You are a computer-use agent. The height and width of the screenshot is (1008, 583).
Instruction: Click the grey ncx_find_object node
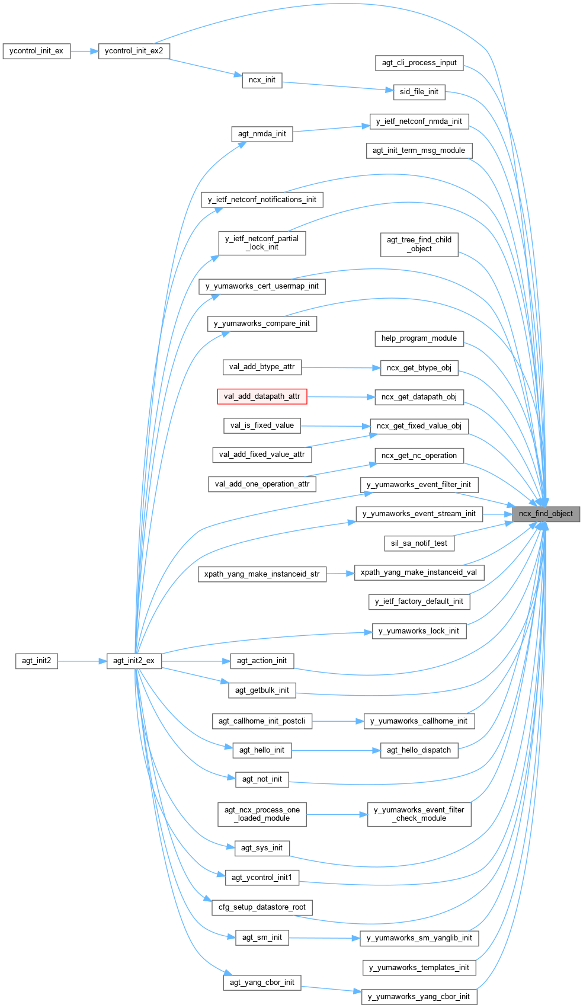click(546, 514)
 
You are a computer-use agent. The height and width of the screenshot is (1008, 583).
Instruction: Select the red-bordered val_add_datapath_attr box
click(262, 396)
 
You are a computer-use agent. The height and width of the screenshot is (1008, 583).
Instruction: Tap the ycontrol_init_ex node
click(36, 51)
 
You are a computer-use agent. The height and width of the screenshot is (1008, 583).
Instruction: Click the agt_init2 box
click(37, 661)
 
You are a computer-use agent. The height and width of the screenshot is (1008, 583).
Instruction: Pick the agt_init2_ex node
click(134, 661)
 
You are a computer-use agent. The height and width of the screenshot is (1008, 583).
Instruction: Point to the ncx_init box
click(262, 80)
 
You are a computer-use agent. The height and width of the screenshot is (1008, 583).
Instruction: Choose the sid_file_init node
click(419, 92)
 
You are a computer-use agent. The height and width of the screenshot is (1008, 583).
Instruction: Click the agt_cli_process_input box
click(419, 63)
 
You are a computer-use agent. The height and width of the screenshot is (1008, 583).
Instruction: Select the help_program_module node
click(419, 338)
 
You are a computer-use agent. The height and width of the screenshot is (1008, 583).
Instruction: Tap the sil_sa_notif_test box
click(419, 543)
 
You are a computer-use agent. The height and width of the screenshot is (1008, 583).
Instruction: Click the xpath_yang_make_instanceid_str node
click(262, 574)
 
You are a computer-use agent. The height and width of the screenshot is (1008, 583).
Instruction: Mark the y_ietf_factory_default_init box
click(419, 601)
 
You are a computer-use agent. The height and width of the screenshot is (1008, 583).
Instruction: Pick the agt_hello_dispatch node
click(419, 750)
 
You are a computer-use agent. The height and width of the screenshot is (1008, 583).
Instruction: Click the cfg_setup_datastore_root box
click(262, 907)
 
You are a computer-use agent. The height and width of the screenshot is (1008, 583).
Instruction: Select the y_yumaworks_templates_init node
click(419, 968)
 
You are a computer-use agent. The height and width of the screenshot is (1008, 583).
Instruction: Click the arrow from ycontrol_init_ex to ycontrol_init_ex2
click(84, 51)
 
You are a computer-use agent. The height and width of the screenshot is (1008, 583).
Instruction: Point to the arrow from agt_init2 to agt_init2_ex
click(82, 661)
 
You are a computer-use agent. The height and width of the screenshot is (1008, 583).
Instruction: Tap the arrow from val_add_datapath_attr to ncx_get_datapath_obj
click(341, 396)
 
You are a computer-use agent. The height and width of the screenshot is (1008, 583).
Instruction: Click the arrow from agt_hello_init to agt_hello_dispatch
click(335, 750)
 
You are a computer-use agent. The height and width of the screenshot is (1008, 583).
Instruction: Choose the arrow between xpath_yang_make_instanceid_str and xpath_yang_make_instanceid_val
click(340, 574)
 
